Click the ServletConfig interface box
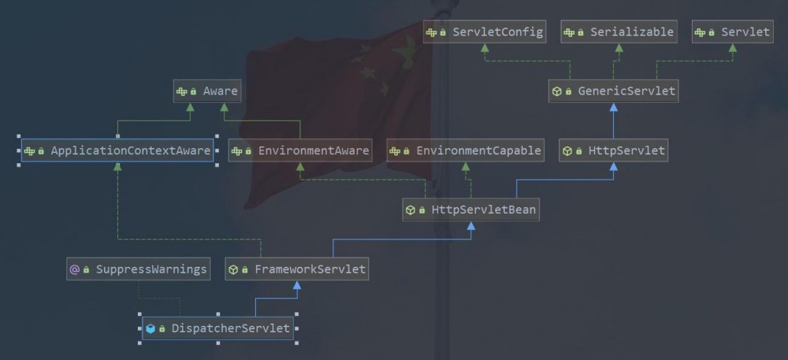pos(485,32)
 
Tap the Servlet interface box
pos(732,32)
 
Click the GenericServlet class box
pos(614,91)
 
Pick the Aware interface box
pos(207,91)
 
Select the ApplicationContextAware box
pos(117,150)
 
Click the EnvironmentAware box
pos(300,150)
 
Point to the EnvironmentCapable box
pos(466,150)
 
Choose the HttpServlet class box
pos(614,150)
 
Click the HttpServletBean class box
pos(471,210)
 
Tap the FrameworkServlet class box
pos(297,269)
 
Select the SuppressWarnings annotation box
pos(139,269)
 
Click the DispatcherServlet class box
pos(217,328)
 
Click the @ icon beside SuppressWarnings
pos(75,269)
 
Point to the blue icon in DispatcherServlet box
pos(151,328)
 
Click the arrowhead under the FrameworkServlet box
pos(297,285)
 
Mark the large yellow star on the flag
pos(407,52)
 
